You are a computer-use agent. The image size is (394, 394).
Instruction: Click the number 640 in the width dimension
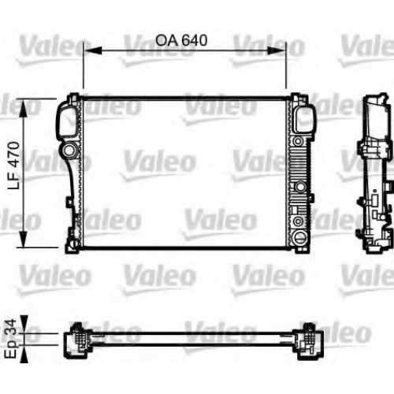(x=195, y=40)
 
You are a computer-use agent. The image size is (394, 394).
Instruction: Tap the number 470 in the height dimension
(x=13, y=154)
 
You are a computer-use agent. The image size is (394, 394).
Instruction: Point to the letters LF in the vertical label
(x=13, y=180)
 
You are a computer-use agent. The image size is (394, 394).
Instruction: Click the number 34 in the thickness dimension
(x=11, y=326)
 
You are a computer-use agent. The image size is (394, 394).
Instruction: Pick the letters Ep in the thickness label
(x=12, y=348)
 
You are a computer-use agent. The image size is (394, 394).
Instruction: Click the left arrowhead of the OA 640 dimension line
(x=92, y=50)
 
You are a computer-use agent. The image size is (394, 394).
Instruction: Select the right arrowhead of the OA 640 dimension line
(x=277, y=50)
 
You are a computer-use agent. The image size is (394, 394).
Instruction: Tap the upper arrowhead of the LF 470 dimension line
(x=24, y=108)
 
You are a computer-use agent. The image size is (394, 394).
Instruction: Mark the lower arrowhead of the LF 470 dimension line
(x=24, y=238)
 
